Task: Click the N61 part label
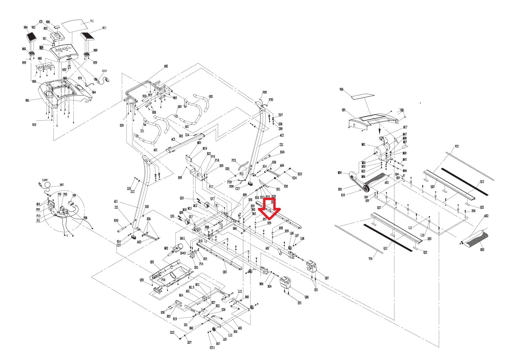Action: tap(92, 21)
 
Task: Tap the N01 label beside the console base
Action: tap(28, 100)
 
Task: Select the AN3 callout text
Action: tap(104, 71)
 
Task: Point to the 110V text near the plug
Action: tap(45, 180)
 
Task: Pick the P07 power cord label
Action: tap(61, 185)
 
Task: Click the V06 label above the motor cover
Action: tap(341, 89)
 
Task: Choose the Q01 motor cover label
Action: tap(344, 110)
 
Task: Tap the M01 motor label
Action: tap(364, 145)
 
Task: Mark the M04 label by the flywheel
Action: tap(340, 172)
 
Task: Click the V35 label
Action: tap(457, 146)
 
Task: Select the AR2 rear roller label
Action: tap(486, 216)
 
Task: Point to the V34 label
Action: tap(370, 259)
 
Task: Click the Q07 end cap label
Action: tap(327, 278)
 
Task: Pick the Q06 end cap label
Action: tap(306, 297)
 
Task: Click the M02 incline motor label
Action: tap(166, 248)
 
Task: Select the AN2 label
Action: tap(166, 66)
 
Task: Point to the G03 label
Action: tap(180, 107)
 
